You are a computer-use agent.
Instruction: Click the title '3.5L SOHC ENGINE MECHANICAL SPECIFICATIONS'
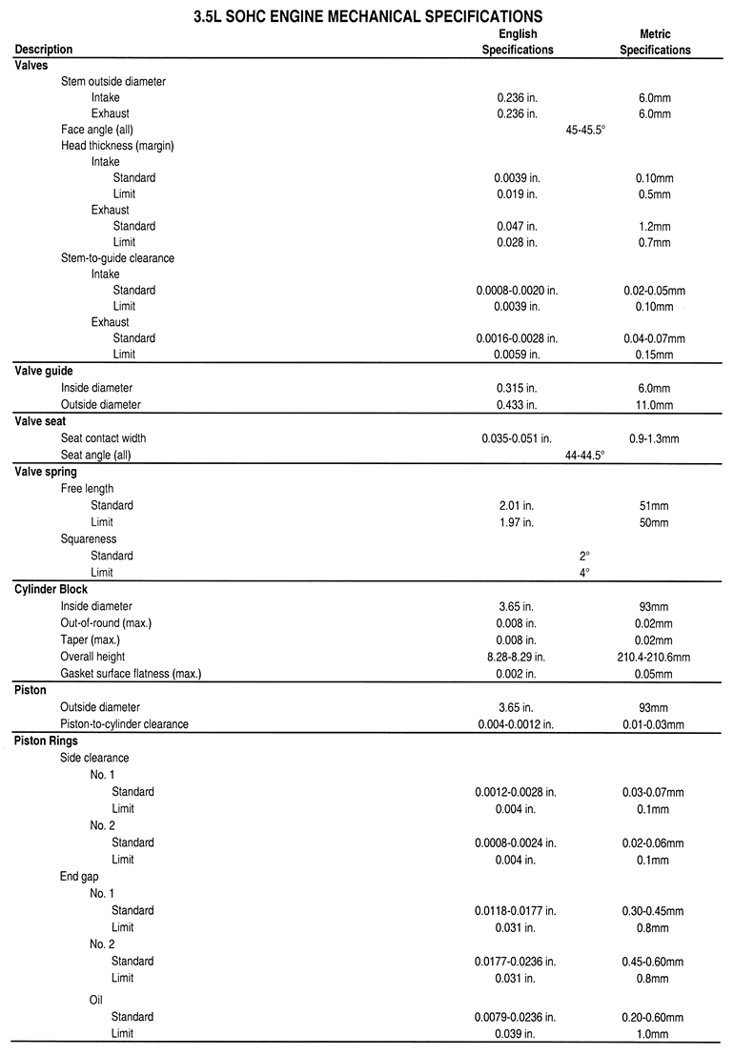[367, 15]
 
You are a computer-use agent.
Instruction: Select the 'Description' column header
[44, 50]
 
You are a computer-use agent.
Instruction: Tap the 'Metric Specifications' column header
[655, 42]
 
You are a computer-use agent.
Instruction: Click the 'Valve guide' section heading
[44, 372]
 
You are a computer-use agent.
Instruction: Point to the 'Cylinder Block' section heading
[51, 590]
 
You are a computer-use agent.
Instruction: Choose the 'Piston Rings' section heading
[47, 741]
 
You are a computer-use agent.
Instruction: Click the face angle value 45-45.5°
[586, 130]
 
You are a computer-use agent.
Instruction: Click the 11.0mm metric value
[654, 405]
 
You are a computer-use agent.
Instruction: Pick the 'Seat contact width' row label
[103, 438]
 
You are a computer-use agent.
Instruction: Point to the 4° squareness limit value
[585, 573]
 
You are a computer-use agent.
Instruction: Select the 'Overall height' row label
[92, 657]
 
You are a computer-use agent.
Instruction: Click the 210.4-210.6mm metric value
[654, 657]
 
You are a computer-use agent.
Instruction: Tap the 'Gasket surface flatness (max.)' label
[131, 674]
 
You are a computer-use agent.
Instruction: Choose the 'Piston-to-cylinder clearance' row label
[124, 724]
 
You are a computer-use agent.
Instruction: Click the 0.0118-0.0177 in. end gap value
[516, 910]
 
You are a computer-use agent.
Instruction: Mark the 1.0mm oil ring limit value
[654, 1033]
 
